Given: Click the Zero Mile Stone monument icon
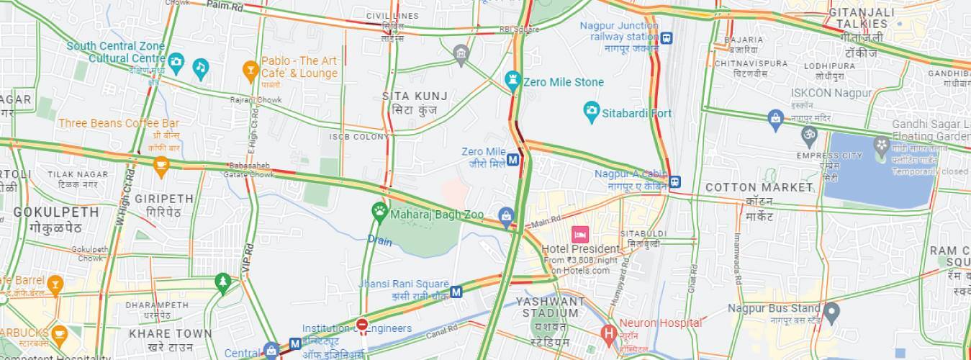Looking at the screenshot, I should [512, 79].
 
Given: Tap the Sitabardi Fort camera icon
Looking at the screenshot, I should [591, 112].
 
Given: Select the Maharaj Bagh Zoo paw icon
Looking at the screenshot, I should [379, 211].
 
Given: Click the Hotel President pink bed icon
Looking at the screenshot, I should [579, 234].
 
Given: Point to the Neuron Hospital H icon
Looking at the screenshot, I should [608, 333].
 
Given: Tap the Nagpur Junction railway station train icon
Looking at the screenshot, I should [667, 38].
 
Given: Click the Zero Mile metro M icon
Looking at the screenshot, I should [513, 159].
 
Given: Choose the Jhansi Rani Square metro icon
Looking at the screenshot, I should [456, 292].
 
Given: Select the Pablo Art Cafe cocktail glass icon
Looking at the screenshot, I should [250, 69].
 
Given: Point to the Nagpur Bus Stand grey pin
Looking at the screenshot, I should [831, 312].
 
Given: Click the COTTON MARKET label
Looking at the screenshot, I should [759, 187].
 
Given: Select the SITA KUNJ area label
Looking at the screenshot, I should [415, 96].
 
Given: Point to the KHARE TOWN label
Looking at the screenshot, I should [171, 333].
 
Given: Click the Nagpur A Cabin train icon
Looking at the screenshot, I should [674, 181].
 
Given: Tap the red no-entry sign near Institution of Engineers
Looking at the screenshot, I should [361, 325].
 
